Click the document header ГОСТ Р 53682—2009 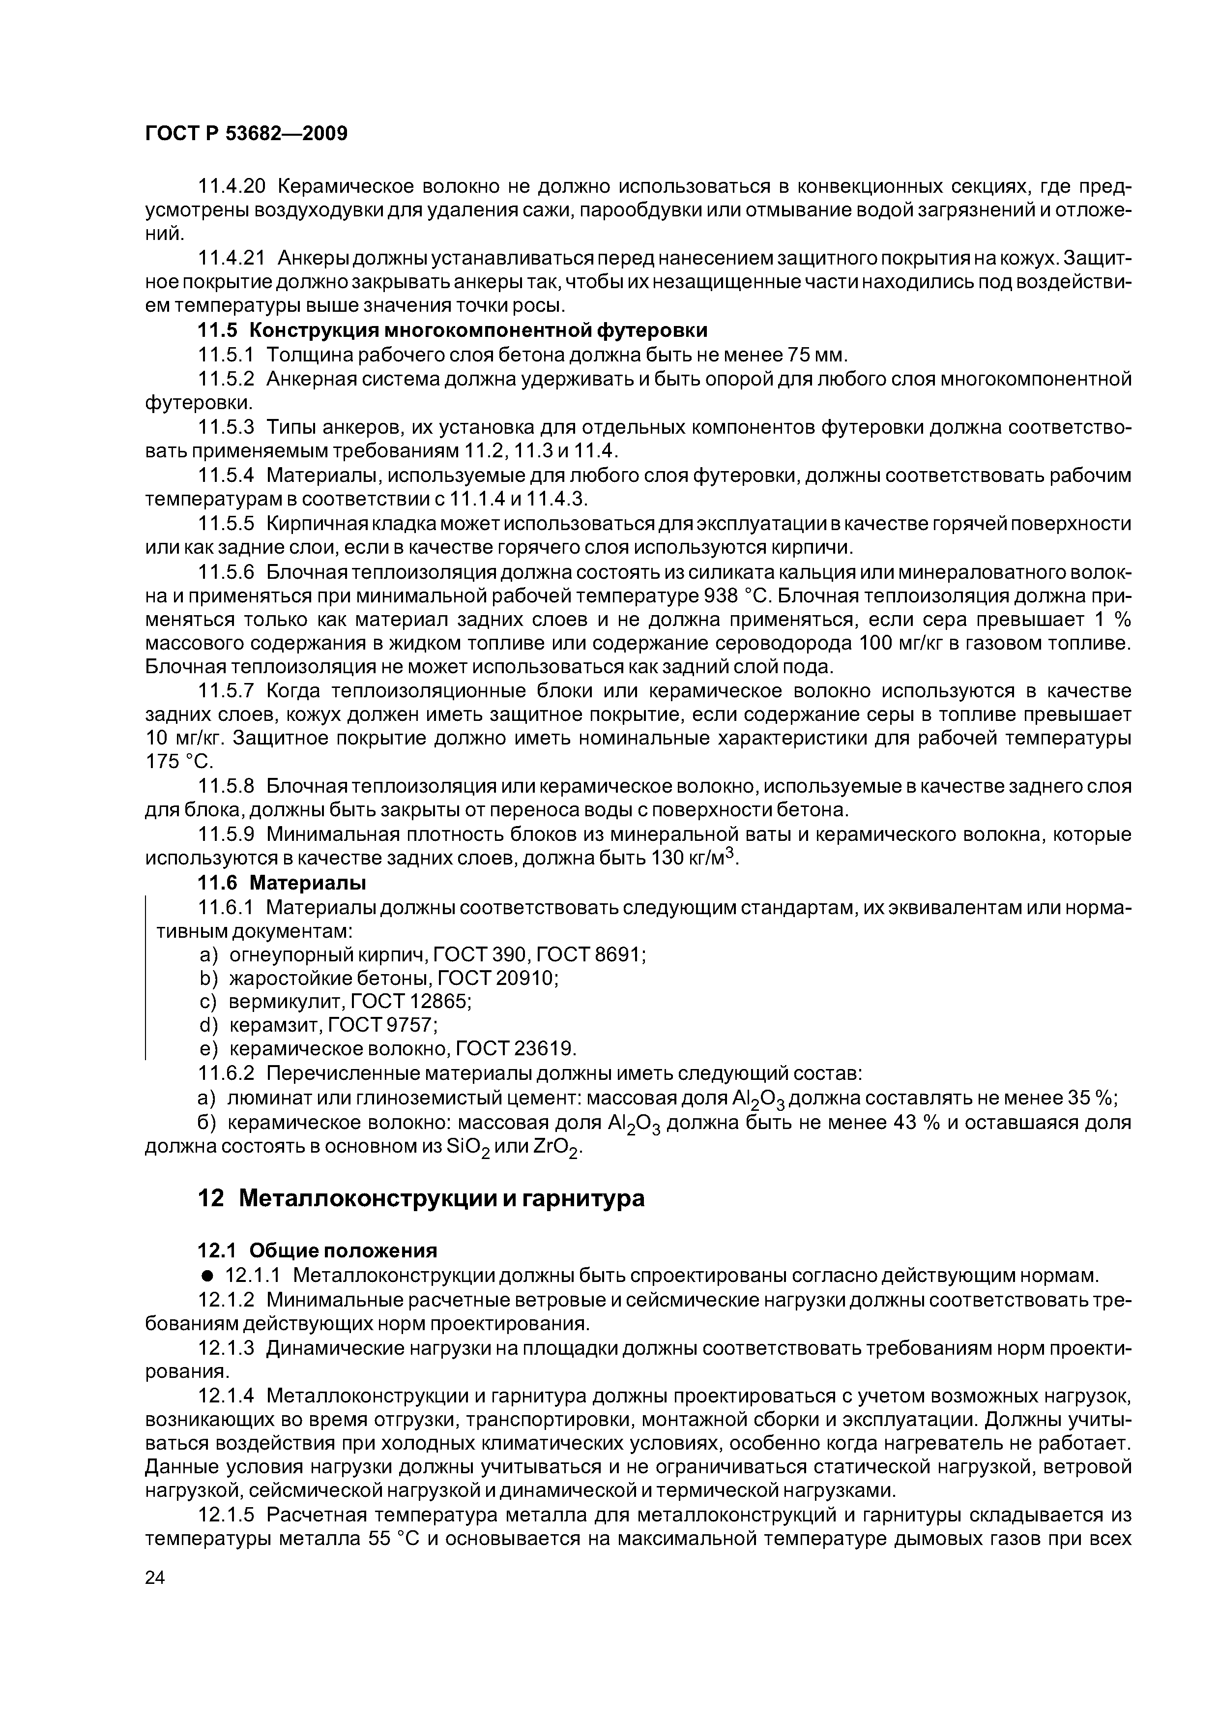[x=246, y=134]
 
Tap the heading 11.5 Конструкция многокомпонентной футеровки [x=452, y=330]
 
